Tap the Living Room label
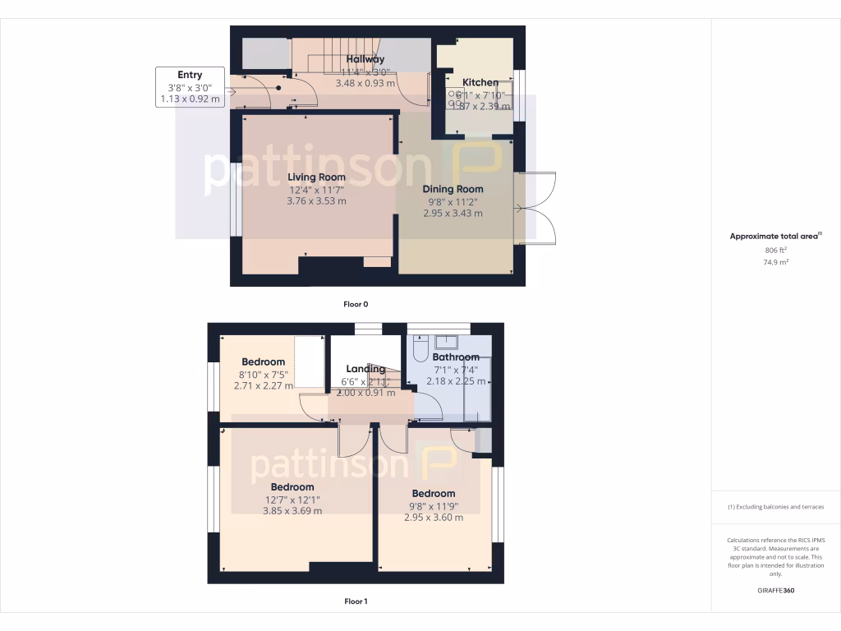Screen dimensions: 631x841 [x=316, y=177]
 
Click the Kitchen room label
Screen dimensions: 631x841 [x=480, y=82]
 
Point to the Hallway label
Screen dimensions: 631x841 [x=365, y=59]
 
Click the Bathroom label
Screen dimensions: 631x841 [x=455, y=357]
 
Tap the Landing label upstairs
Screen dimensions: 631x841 [x=365, y=369]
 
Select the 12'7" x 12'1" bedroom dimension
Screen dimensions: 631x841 [x=292, y=500]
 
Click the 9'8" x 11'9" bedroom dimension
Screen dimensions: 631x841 [x=434, y=506]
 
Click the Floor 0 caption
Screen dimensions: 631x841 [x=356, y=304]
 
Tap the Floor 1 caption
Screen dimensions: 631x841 [x=356, y=601]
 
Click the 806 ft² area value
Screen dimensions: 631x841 [x=776, y=250]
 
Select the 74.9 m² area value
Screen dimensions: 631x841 [x=776, y=263]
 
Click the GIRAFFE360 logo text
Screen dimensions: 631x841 [x=776, y=590]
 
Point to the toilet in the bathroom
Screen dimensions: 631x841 [x=420, y=352]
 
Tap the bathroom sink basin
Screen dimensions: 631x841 [x=448, y=342]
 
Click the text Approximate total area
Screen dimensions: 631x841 [x=774, y=236]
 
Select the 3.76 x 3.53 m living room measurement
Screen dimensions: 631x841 [x=316, y=200]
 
